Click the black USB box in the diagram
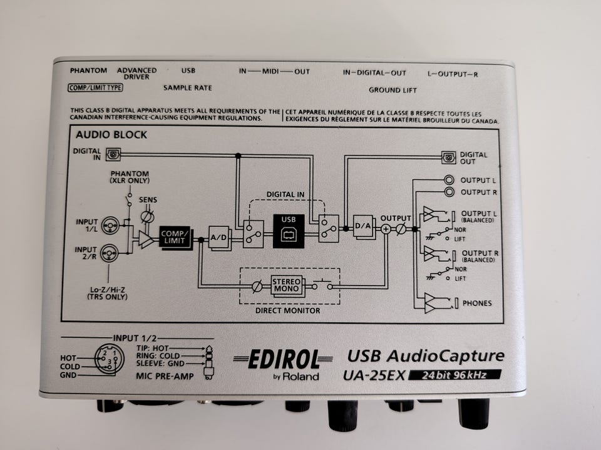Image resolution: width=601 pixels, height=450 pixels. (289, 231)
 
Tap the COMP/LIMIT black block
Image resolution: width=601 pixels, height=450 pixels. (175, 237)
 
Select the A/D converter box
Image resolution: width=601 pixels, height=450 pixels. (219, 237)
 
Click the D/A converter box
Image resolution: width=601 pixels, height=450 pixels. (363, 226)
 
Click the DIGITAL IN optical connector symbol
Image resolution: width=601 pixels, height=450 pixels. (113, 152)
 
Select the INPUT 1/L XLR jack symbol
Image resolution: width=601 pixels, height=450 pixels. (111, 224)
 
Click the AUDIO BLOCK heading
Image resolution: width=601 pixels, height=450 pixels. (111, 134)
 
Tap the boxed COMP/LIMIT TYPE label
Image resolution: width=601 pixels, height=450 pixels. (95, 87)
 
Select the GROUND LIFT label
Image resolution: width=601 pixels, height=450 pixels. (393, 90)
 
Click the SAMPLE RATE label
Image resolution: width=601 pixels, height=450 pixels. (188, 88)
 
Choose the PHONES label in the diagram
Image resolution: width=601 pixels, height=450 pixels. (476, 303)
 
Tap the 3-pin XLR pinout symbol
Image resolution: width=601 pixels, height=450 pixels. (108, 358)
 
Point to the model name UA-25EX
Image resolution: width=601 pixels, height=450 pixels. (374, 376)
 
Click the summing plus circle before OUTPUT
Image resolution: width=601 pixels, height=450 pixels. (386, 229)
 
